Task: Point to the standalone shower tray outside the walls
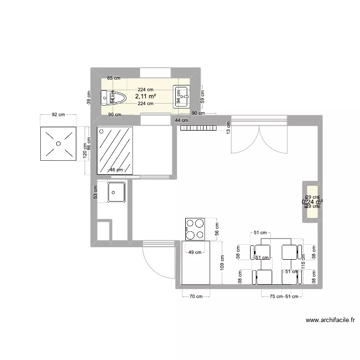coord(58,144)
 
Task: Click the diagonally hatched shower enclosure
coord(115,150)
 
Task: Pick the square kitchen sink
coord(116,192)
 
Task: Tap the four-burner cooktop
coord(195,228)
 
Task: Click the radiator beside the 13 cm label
coord(198,128)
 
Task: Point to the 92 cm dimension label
coord(58,115)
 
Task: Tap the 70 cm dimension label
coord(195,297)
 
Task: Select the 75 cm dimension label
coord(275,297)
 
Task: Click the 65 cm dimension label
coord(113,78)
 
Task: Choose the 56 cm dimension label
coord(216,229)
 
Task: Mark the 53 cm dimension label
coord(95,192)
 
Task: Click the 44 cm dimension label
coord(181,120)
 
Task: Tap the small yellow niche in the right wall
coord(310,202)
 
